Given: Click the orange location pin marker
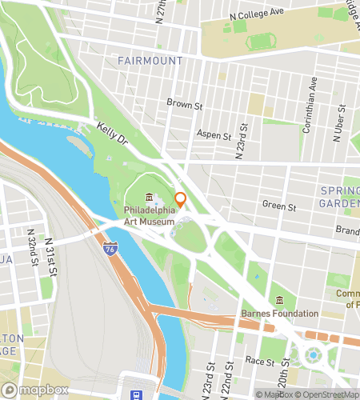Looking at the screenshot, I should click(180, 199).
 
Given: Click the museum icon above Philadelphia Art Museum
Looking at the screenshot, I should click(149, 198).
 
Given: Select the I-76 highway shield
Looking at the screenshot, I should click(109, 250).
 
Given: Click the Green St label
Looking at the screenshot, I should click(279, 206).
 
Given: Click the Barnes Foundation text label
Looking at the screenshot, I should click(279, 314).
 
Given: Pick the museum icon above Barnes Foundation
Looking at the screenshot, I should click(279, 300).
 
